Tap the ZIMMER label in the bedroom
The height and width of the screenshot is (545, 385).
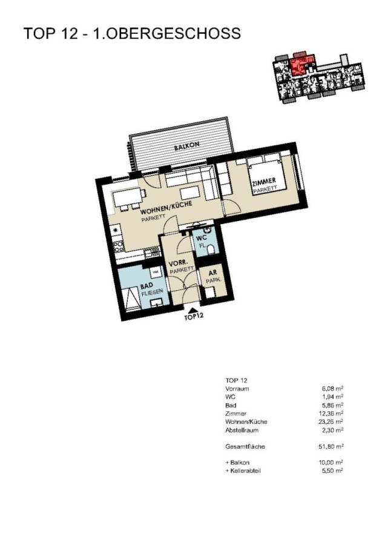[x=264, y=182]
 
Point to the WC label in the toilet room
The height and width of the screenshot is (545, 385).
[x=202, y=238]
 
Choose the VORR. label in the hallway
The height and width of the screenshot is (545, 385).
[x=175, y=263]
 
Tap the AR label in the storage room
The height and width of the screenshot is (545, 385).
[x=212, y=273]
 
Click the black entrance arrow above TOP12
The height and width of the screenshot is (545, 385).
[x=194, y=310]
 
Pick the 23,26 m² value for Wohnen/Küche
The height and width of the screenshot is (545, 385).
[x=332, y=421]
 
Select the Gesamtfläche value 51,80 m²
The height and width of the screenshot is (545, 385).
[x=332, y=447]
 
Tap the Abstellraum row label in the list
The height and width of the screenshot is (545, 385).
[x=242, y=431]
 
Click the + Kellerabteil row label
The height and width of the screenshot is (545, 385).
[x=243, y=471]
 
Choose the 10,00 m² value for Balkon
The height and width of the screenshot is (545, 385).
[x=332, y=463]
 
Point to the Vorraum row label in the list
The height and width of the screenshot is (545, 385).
[x=237, y=389]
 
